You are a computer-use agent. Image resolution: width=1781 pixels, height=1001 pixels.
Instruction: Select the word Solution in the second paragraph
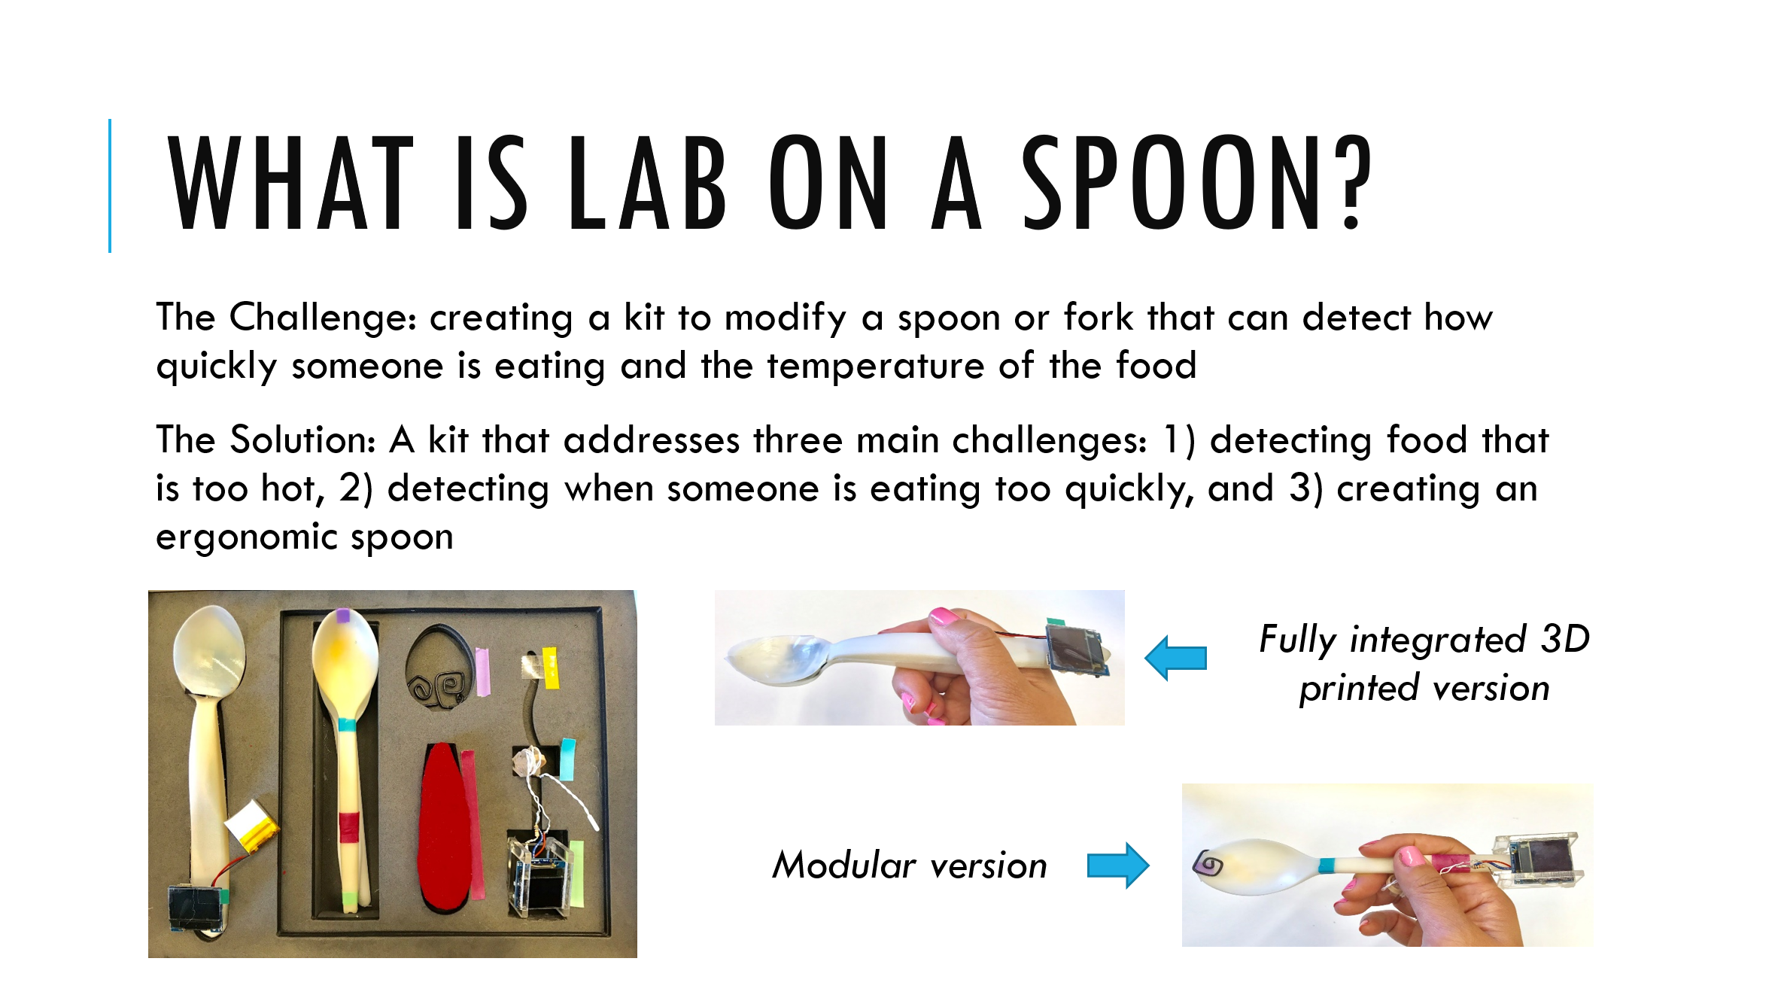(302, 440)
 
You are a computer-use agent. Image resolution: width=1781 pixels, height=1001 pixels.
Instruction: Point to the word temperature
(876, 367)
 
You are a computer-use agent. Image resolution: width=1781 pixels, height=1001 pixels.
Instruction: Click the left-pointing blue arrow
(1175, 658)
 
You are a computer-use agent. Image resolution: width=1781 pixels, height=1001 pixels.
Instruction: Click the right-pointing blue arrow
(1118, 866)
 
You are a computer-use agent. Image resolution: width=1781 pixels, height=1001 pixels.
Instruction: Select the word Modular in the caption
(844, 865)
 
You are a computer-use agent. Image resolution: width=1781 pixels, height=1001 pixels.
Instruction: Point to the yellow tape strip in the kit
(550, 668)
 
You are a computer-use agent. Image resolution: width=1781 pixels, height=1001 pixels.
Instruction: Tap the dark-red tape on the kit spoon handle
(347, 828)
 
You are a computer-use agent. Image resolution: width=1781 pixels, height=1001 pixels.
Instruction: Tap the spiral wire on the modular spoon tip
(1208, 863)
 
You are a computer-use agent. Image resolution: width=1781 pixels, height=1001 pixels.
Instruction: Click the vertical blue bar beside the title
(110, 185)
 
